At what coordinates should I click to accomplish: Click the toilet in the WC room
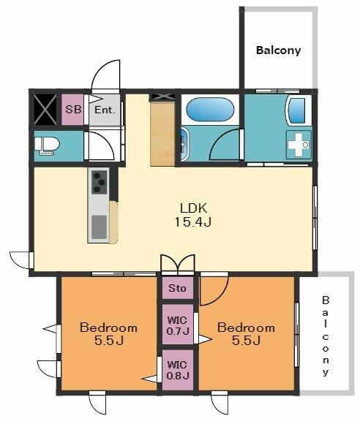[47, 145]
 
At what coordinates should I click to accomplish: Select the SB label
[73, 110]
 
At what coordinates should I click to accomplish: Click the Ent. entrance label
[105, 110]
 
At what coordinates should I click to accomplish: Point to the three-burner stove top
[100, 182]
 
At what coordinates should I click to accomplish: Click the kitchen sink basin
[99, 227]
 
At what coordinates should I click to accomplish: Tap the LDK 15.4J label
[193, 215]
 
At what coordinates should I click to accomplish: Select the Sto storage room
[178, 287]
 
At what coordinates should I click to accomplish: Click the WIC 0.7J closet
[178, 325]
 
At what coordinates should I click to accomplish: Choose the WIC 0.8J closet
[178, 370]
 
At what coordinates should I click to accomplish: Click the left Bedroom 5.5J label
[109, 333]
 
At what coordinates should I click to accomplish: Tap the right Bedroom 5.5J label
[246, 333]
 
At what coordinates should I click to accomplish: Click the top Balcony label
[279, 50]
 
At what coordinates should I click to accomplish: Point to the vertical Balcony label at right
[326, 336]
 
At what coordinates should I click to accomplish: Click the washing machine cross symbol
[299, 145]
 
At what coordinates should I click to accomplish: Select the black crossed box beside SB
[45, 110]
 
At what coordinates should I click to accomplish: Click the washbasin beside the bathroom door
[185, 145]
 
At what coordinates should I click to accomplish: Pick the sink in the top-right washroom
[296, 110]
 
